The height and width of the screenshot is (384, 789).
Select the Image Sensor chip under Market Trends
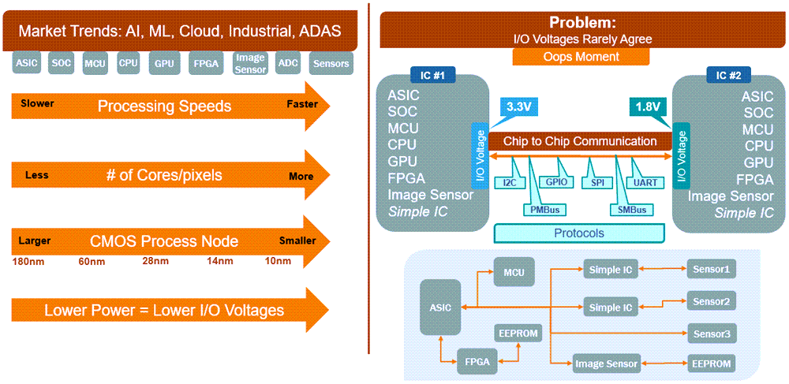click(x=249, y=63)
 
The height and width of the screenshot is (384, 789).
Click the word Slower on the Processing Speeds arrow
click(x=37, y=104)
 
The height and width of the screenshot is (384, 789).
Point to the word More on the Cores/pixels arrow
click(x=301, y=177)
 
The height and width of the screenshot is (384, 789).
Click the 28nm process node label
click(x=155, y=261)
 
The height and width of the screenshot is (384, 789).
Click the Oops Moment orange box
click(x=581, y=57)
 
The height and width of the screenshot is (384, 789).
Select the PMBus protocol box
click(x=542, y=210)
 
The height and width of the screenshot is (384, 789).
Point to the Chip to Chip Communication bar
click(x=580, y=141)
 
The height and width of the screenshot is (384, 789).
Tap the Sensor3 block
click(x=711, y=334)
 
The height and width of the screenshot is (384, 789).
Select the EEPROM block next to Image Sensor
click(x=711, y=363)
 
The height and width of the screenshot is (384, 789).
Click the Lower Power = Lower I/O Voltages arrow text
click(x=163, y=310)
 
